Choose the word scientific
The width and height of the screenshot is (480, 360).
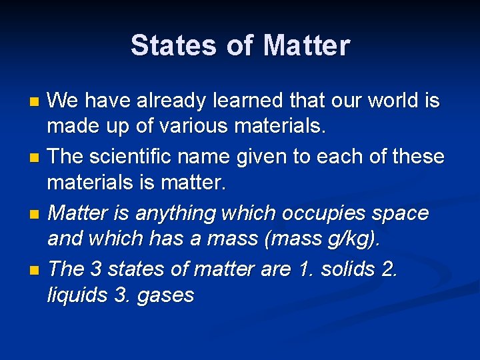click(x=135, y=157)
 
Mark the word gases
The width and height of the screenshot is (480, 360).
click(x=165, y=295)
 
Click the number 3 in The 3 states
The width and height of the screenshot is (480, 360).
click(x=95, y=269)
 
